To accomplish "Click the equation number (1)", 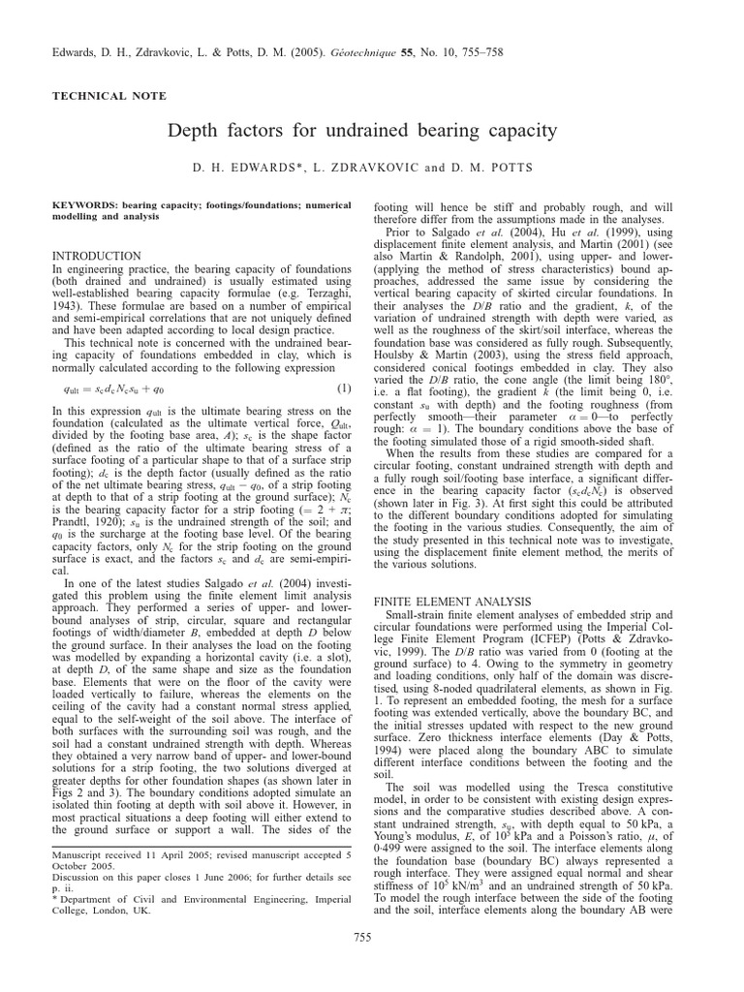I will click(x=343, y=388).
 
